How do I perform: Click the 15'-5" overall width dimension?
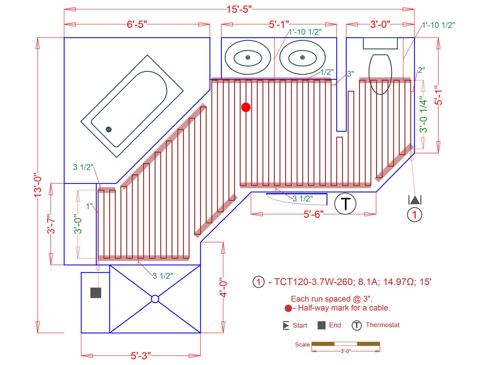pyautogui.click(x=239, y=9)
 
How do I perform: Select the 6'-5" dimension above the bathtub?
pyautogui.click(x=137, y=24)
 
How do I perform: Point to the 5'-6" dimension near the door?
pyautogui.click(x=313, y=214)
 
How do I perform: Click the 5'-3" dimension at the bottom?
pyautogui.click(x=141, y=356)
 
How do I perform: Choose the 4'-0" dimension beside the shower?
pyautogui.click(x=223, y=287)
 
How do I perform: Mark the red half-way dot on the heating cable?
pyautogui.click(x=246, y=107)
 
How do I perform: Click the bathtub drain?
pyautogui.click(x=109, y=129)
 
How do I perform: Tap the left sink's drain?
pyautogui.click(x=248, y=57)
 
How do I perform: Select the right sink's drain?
pyautogui.click(x=302, y=57)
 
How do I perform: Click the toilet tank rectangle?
pyautogui.click(x=380, y=43)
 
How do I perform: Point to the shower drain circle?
pyautogui.click(x=155, y=299)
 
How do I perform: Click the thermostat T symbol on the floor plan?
pyautogui.click(x=345, y=204)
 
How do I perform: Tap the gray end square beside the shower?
pyautogui.click(x=96, y=293)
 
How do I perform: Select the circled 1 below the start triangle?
pyautogui.click(x=414, y=214)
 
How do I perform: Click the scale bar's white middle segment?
pyautogui.click(x=345, y=344)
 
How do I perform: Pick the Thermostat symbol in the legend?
pyautogui.click(x=357, y=325)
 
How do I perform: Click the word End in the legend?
pyautogui.click(x=335, y=325)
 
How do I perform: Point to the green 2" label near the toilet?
pyautogui.click(x=421, y=70)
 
